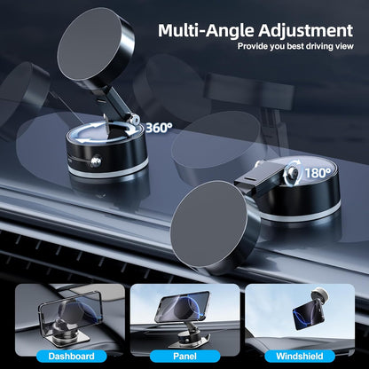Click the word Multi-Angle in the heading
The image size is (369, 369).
[200, 31]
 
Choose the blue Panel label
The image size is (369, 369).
[184, 356]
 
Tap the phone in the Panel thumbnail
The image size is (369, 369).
[183, 306]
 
